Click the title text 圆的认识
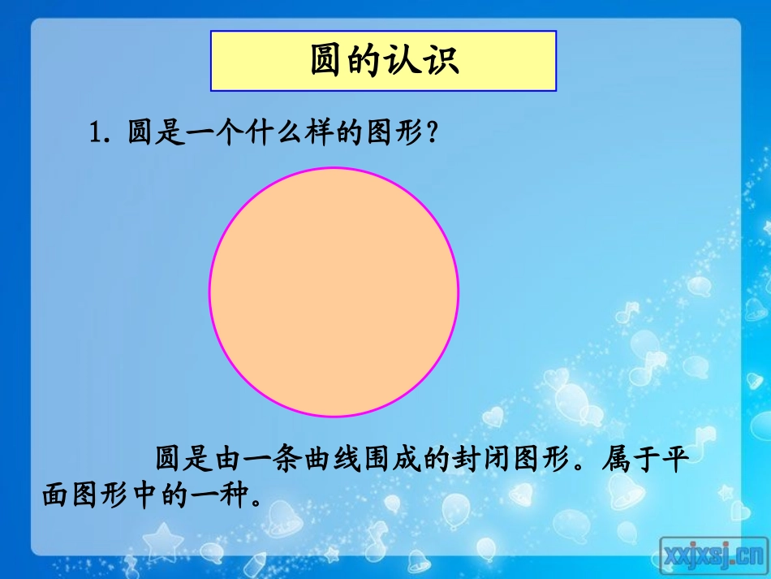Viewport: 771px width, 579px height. coord(384,60)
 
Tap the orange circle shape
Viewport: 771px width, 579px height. coord(334,292)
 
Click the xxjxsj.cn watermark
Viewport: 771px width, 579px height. coord(713,555)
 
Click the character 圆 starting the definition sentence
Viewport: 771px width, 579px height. coord(167,460)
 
